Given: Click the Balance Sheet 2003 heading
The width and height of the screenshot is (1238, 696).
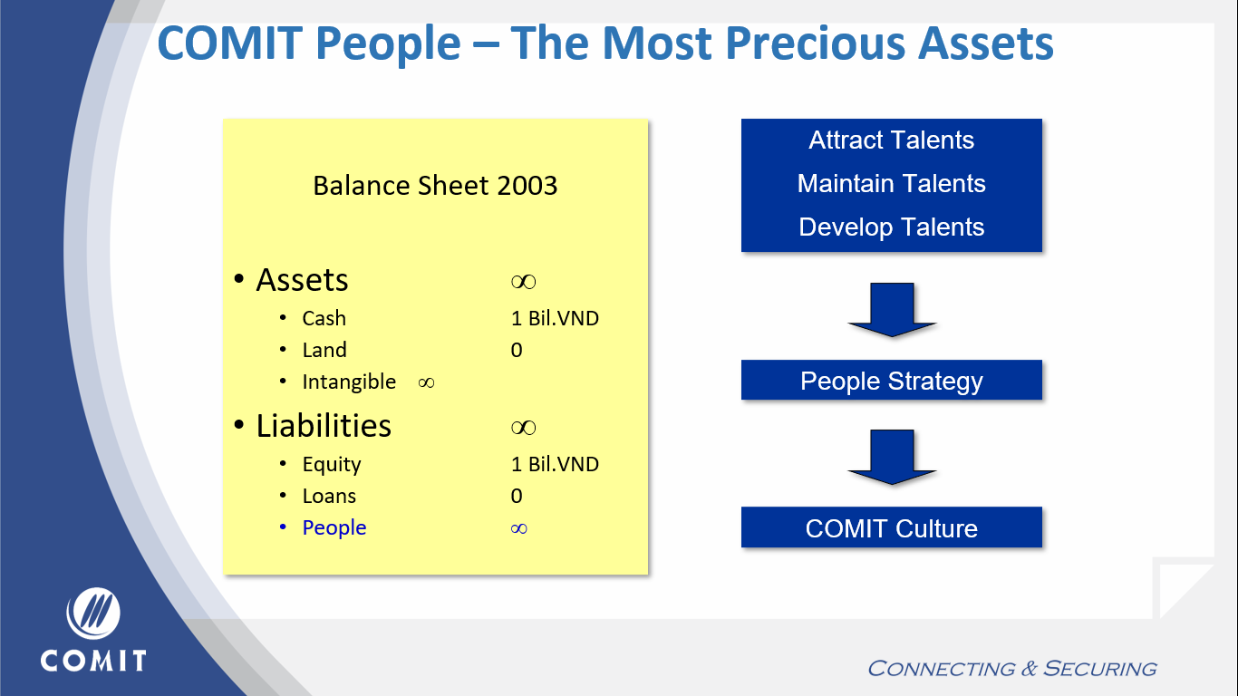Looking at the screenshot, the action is pyautogui.click(x=435, y=185).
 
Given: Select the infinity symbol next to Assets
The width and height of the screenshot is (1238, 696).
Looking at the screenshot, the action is pyautogui.click(x=523, y=282).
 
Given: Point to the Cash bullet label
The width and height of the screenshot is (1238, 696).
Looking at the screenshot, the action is pyautogui.click(x=324, y=318).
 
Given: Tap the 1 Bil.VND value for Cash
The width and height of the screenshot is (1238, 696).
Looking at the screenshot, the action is pyautogui.click(x=555, y=318).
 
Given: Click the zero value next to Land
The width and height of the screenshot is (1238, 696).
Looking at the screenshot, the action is pyautogui.click(x=517, y=350).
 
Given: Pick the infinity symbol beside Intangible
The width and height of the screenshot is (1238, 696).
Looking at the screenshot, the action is pyautogui.click(x=426, y=382).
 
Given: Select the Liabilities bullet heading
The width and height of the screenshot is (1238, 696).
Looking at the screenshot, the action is pyautogui.click(x=324, y=426).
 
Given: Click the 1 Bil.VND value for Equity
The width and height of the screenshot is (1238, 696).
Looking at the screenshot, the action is pyautogui.click(x=555, y=464).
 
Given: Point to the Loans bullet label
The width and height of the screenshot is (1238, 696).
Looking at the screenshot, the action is pyautogui.click(x=329, y=496).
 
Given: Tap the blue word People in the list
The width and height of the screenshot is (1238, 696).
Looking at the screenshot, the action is pyautogui.click(x=334, y=528).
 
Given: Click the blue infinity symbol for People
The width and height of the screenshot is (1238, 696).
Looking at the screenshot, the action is pyautogui.click(x=518, y=528).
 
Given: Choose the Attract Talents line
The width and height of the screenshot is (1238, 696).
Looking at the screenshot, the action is pyautogui.click(x=891, y=140).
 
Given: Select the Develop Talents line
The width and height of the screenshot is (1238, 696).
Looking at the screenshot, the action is pyautogui.click(x=891, y=227).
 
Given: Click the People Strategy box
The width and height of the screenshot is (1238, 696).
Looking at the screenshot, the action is pyautogui.click(x=892, y=380).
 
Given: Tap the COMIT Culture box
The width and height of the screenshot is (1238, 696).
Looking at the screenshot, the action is pyautogui.click(x=892, y=527).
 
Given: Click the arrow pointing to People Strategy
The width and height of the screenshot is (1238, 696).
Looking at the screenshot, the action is pyautogui.click(x=892, y=310).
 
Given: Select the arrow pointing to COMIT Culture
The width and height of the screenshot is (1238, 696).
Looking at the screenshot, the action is pyautogui.click(x=892, y=457).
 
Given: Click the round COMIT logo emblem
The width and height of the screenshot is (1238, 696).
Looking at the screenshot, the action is pyautogui.click(x=92, y=613).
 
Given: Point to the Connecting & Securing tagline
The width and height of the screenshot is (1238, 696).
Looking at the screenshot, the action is pyautogui.click(x=1012, y=668).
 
